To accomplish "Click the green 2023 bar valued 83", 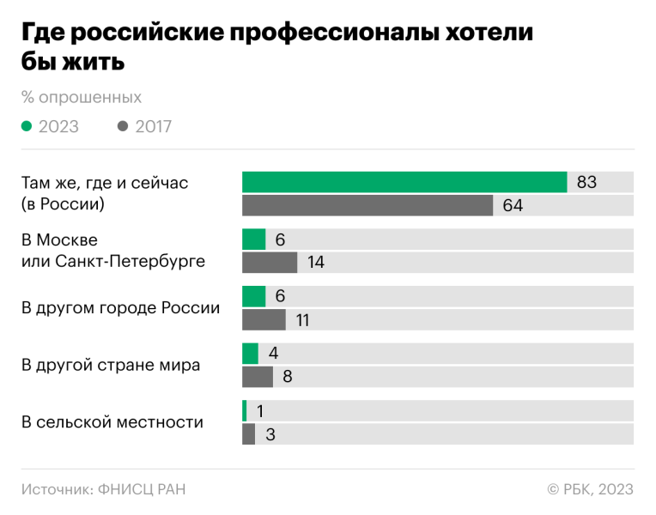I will tap(404, 182).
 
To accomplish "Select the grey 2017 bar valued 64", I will tap(367, 205).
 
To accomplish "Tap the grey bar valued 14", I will tap(270, 262).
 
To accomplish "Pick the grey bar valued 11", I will tap(264, 319).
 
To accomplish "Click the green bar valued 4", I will tap(250, 354).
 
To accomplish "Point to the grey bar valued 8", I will tap(258, 377).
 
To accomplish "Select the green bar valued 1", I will tap(245, 410).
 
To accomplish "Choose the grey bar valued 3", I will tap(249, 433).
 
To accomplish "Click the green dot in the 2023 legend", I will tap(27, 126).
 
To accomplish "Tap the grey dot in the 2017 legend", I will tap(123, 126).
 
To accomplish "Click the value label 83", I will tap(586, 182).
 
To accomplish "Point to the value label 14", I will tap(315, 262).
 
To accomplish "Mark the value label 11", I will tap(303, 319).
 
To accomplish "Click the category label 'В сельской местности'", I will tap(112, 422).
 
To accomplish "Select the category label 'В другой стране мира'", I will tap(111, 365).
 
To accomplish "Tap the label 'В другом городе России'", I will tap(120, 308).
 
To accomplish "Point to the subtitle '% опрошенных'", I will tap(81, 97).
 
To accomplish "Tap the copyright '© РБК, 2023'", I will tap(590, 489).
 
